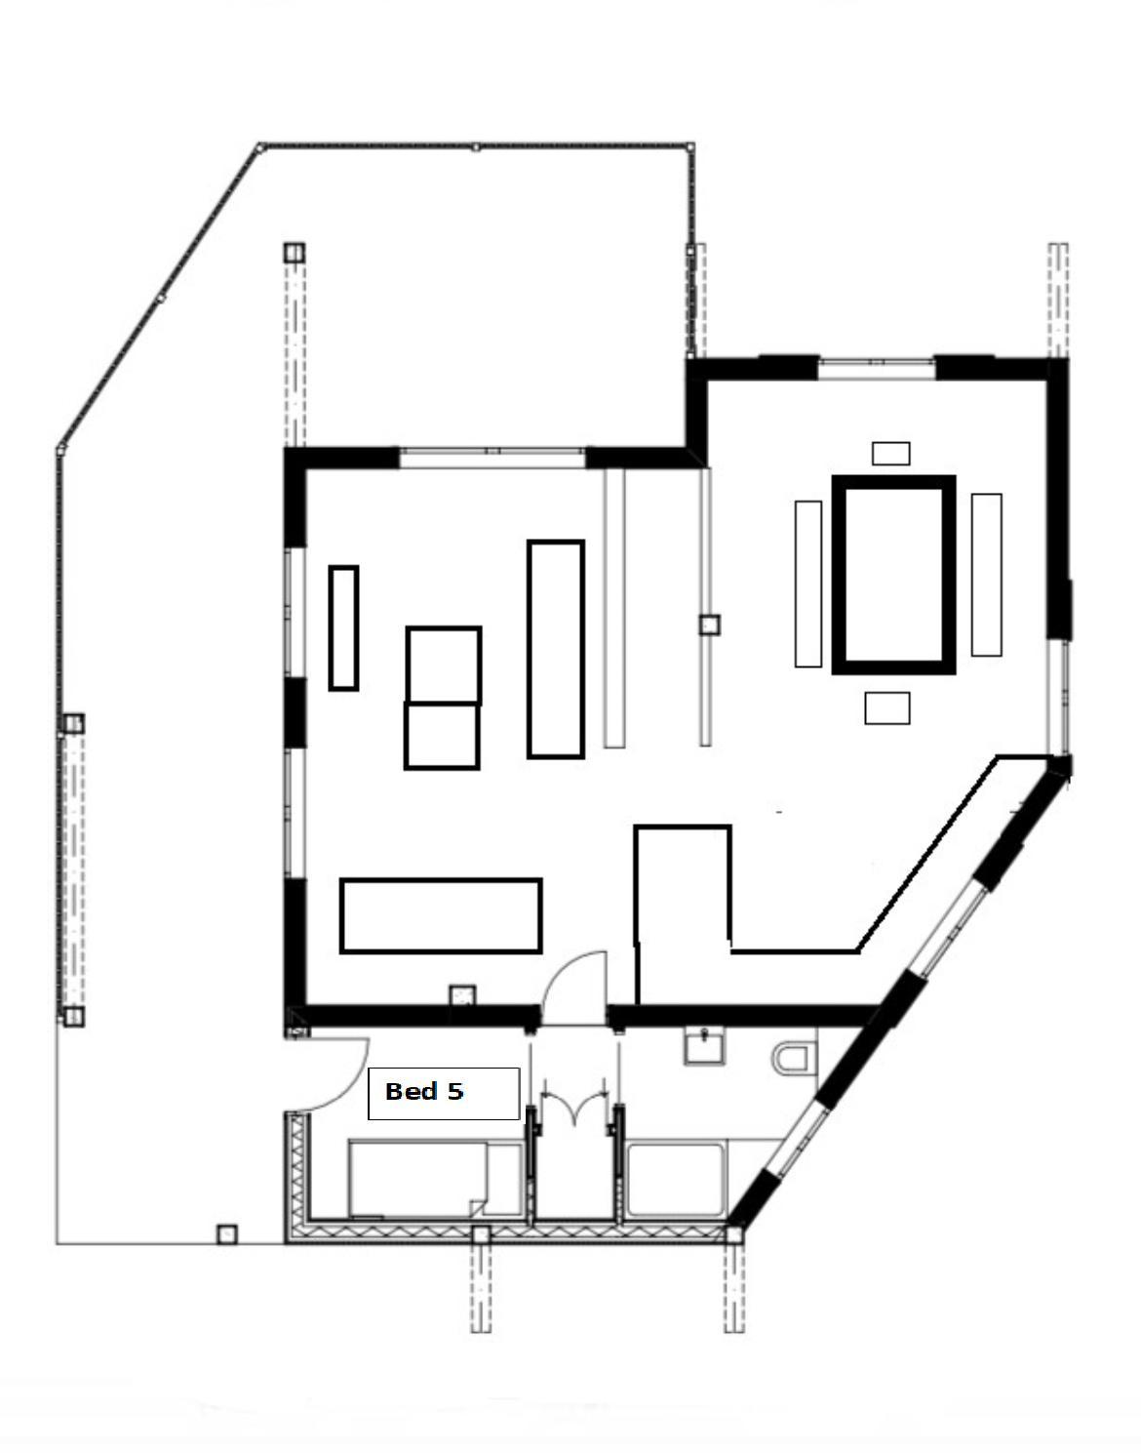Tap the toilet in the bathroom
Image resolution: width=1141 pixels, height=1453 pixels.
[x=795, y=1059]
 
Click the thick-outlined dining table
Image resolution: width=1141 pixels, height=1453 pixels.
[x=893, y=575]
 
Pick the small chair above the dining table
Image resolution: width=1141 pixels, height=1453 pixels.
[x=890, y=454]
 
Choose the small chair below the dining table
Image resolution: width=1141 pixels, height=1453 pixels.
[x=887, y=708]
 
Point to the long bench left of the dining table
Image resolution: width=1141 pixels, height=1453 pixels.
[x=808, y=584]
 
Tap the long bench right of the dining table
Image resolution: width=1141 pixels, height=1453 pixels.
[x=986, y=575]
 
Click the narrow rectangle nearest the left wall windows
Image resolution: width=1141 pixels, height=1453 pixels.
[x=343, y=627]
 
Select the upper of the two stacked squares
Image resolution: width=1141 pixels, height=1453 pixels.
[x=444, y=666]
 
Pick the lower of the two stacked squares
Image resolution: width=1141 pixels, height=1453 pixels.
[x=442, y=736]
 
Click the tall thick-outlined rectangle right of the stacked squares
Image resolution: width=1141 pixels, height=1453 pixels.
[x=556, y=649]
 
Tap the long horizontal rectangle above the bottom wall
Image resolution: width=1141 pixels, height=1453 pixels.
[x=441, y=915]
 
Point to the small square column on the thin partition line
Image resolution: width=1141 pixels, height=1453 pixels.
[x=709, y=625]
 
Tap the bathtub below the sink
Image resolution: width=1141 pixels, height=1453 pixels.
[x=676, y=1179]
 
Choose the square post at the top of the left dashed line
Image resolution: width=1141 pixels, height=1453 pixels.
[x=294, y=253]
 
